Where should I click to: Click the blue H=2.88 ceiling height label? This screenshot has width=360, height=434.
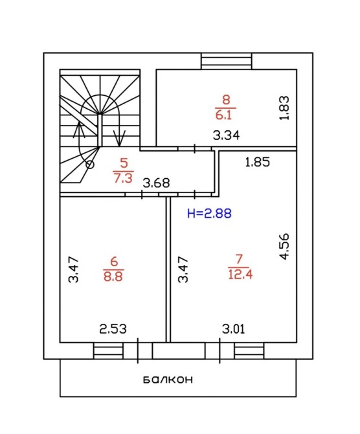pos(209,213)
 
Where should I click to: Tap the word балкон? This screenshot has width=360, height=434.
pos(168,380)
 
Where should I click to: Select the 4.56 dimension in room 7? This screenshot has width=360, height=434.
pos(284,246)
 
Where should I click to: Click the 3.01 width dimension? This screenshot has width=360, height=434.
pos(234,329)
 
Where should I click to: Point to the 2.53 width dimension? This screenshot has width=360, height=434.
pos(113,329)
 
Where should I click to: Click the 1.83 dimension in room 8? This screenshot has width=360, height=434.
pos(284,108)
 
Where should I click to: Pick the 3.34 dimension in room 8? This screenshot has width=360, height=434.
pos(226,135)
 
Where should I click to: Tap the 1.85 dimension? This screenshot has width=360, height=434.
pos(257,162)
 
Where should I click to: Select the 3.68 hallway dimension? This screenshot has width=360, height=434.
pos(156,183)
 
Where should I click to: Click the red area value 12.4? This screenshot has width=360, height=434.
pos(240,275)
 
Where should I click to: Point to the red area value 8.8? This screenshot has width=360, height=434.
pos(113,276)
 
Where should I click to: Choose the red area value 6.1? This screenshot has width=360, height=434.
pos(223,115)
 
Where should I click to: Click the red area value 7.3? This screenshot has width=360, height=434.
pos(123,178)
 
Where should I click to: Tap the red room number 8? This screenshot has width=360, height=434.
pos(226,99)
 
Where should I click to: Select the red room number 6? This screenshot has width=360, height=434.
pos(114,261)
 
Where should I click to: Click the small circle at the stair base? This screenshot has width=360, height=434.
pos(90,165)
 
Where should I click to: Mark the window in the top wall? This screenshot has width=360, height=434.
pos(227,61)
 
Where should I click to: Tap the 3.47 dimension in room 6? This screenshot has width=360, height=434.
pos(74,269)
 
